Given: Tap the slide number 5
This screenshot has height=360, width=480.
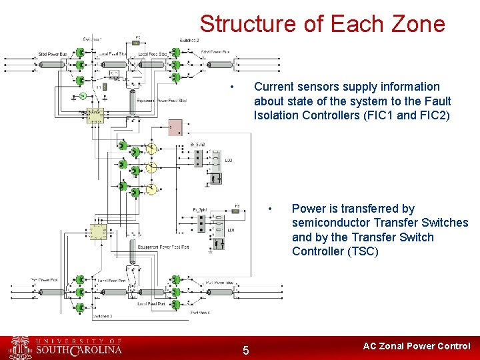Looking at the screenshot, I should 245,351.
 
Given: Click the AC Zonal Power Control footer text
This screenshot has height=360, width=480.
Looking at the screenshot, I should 416,346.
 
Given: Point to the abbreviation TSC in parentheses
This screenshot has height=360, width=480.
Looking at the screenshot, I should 363,251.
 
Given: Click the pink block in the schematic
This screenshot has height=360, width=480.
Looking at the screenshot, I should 175,127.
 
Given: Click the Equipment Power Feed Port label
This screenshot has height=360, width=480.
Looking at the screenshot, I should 163,247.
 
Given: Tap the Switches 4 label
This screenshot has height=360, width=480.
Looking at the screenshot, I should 200,312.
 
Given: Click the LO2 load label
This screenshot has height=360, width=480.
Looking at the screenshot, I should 229,161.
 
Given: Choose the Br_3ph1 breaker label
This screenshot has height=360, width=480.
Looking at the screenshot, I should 201,210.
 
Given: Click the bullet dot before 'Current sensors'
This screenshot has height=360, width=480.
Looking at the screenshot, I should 231,87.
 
